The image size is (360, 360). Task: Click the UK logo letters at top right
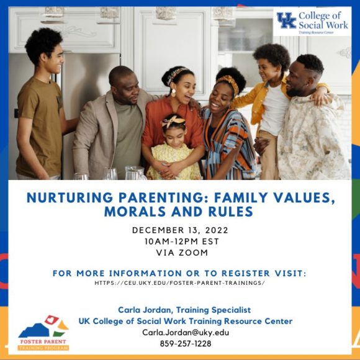[286, 20]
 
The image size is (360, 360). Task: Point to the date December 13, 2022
[179, 230]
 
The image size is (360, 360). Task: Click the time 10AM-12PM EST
[179, 241]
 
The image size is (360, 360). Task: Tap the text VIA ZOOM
[179, 253]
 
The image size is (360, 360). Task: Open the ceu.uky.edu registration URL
[179, 283]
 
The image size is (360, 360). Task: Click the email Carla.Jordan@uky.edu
[186, 332]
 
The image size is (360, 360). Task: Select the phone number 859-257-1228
[186, 343]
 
